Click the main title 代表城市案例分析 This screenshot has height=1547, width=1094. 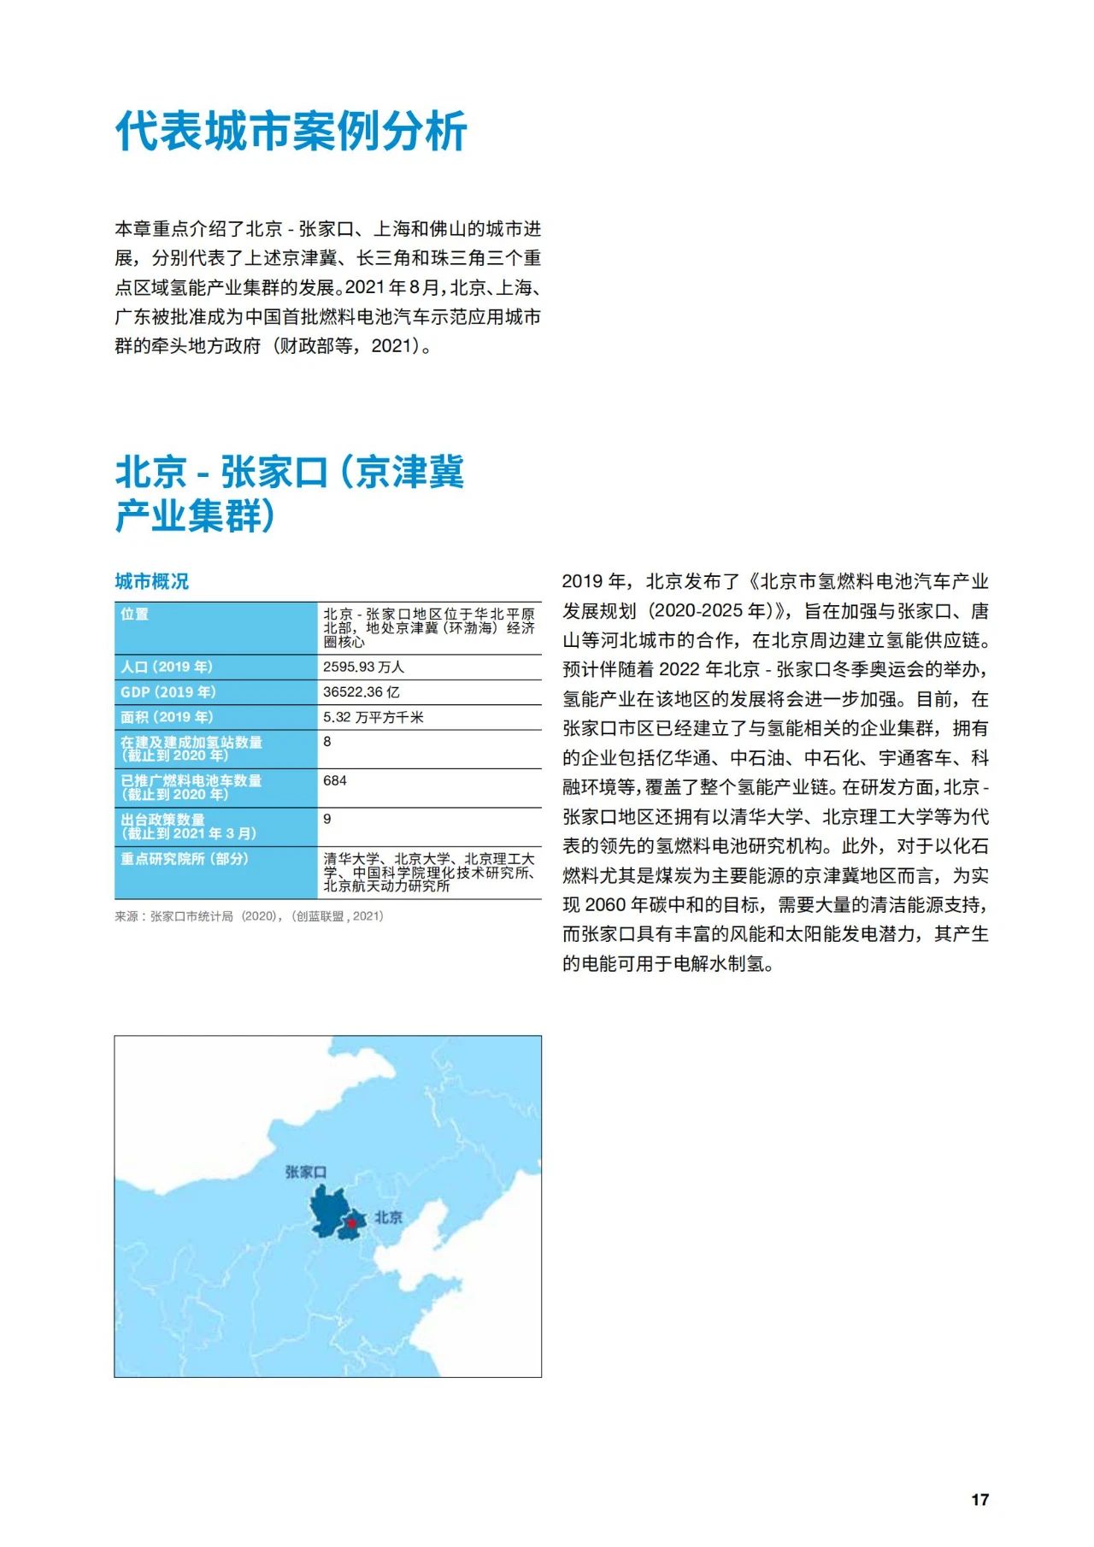click(291, 132)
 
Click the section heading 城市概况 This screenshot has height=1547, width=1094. click(152, 582)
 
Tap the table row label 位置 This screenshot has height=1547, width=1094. click(134, 615)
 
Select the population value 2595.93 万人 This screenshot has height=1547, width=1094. click(363, 667)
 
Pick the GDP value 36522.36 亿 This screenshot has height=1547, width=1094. click(361, 692)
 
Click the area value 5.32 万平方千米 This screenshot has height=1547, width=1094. click(373, 717)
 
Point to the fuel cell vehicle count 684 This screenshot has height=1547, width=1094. click(335, 780)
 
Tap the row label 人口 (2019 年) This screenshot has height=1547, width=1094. click(167, 667)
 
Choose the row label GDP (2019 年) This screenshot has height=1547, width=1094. click(168, 692)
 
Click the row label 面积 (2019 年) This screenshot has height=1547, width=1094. click(167, 717)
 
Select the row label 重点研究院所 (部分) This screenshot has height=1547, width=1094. click(185, 858)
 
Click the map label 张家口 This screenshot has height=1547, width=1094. click(305, 1172)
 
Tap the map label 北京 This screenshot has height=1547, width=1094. click(389, 1217)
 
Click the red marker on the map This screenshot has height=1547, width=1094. click(351, 1224)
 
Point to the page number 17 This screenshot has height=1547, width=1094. click(979, 1500)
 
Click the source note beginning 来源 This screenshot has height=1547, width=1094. click(249, 916)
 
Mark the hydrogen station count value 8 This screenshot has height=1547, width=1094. click(327, 742)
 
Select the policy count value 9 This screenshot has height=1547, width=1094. click(327, 819)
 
